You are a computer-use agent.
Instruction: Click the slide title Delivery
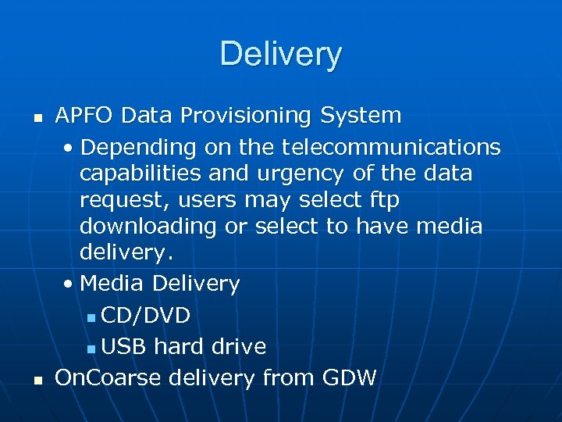coord(280,54)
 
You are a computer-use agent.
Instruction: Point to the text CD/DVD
coord(145,315)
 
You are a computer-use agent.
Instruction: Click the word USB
coord(125,346)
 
